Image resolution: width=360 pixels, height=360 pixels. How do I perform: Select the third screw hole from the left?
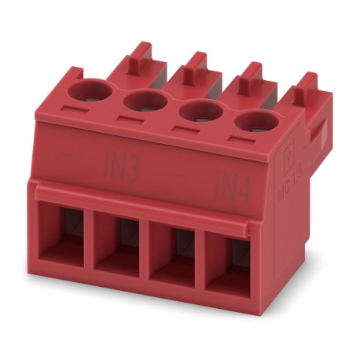[x=198, y=111]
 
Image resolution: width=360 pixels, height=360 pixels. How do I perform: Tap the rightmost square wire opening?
[x=229, y=261]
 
